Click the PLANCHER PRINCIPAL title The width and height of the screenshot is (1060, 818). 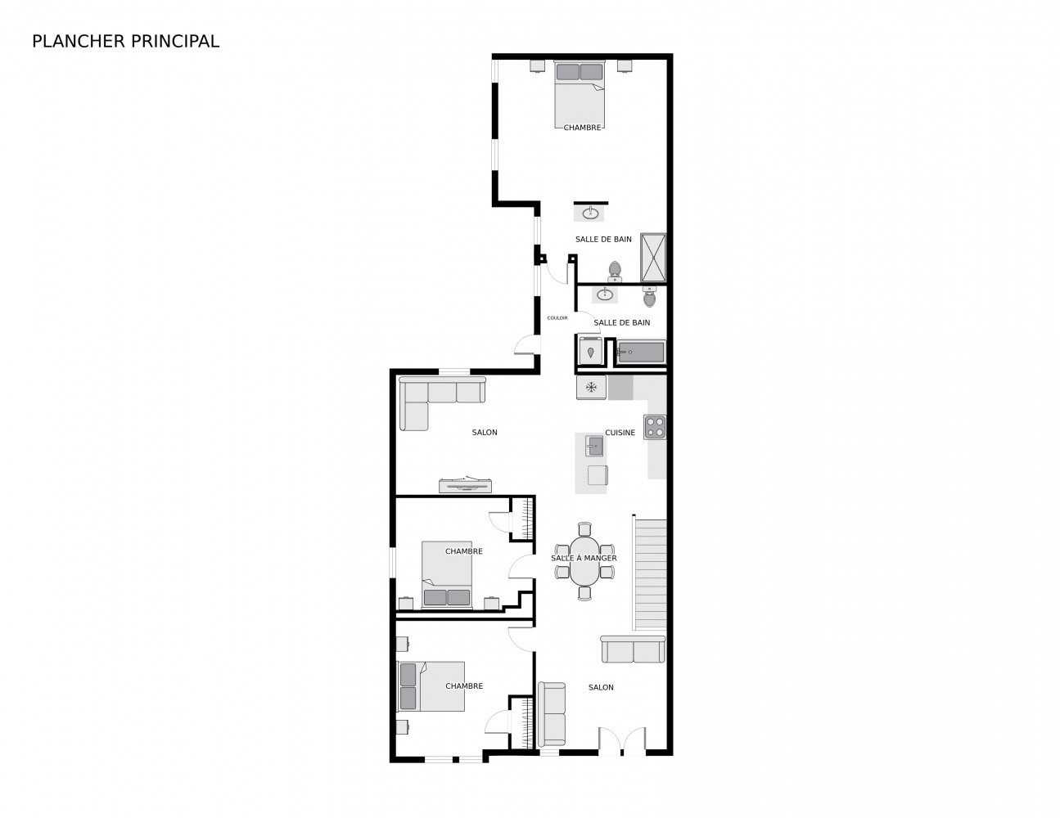pos(125,42)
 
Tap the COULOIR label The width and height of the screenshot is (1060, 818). pos(557,318)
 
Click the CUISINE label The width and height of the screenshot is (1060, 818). pos(620,433)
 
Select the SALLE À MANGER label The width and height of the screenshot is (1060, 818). pos(584,558)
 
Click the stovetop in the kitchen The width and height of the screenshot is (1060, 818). pos(654,427)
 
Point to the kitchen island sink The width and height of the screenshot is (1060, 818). pos(594,446)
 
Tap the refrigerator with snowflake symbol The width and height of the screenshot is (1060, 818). pos(591,388)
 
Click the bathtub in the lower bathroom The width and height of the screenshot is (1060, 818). pos(640,352)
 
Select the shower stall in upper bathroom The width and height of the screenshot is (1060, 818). pos(653,258)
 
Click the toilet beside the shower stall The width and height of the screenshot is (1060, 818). pos(615,272)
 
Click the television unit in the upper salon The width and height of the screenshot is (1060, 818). pos(465,485)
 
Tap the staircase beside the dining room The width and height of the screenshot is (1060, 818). pos(650,574)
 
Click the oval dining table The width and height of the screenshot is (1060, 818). pos(585,561)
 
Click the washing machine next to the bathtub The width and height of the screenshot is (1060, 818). pos(591,350)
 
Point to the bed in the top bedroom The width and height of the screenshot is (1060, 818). pos(580,94)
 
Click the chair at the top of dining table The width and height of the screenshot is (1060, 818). pos(584,528)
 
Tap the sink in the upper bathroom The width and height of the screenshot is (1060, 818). pos(591,213)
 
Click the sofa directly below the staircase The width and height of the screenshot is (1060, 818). pos(633,649)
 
